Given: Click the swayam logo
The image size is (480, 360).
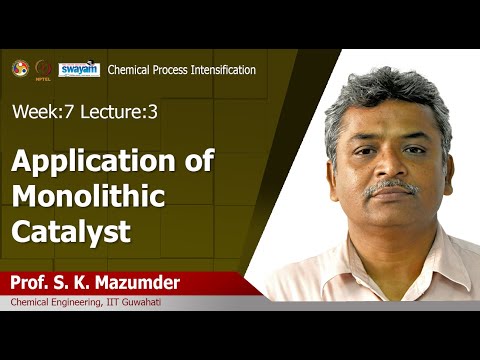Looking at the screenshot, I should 78,69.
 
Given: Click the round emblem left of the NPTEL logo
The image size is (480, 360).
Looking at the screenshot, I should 19,68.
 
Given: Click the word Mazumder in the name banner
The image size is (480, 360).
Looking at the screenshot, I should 135,282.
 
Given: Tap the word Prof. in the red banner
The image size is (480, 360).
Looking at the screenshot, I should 31,282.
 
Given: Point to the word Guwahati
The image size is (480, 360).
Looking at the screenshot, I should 152,302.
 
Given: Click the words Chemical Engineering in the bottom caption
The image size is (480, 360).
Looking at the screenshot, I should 52,302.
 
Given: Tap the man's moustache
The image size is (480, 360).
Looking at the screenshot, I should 391,187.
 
